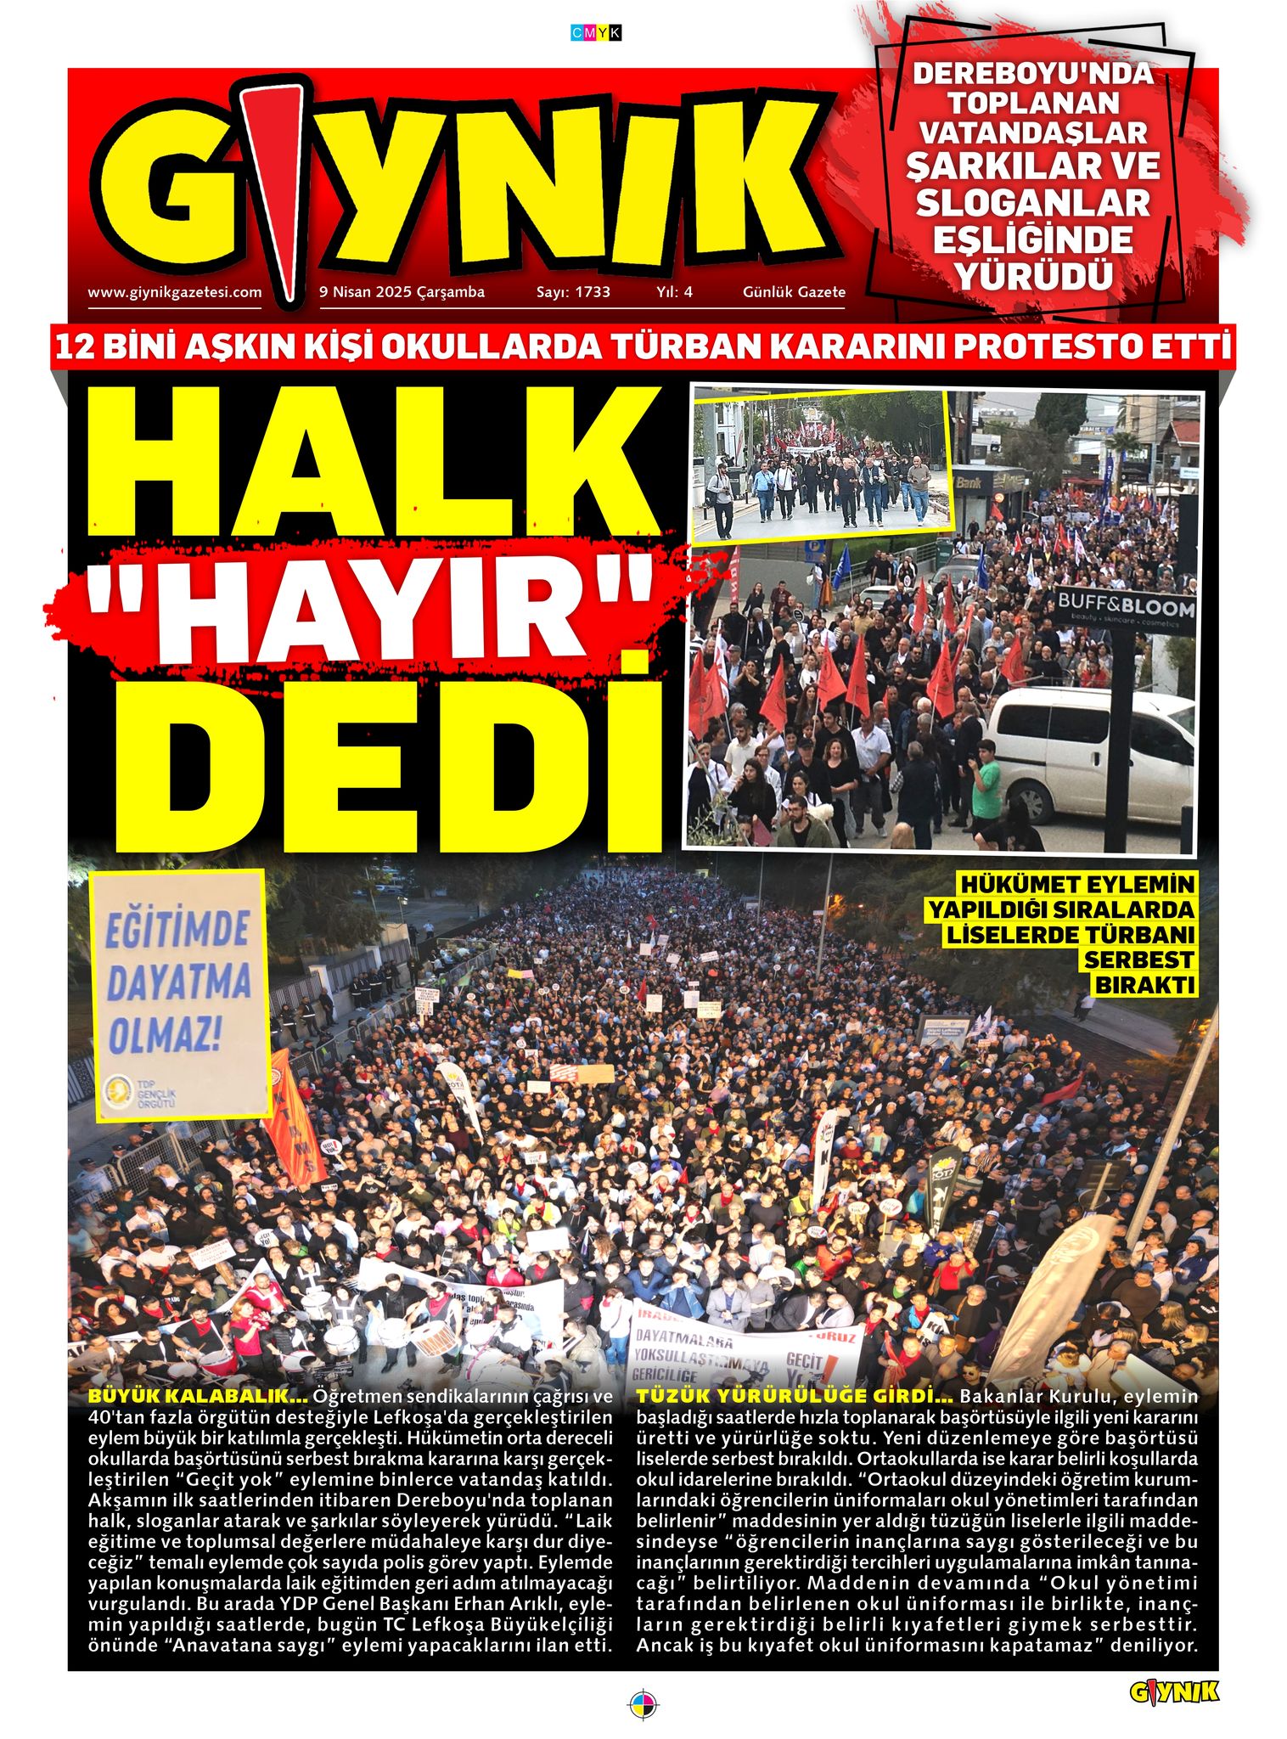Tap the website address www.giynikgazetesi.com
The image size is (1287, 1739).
pyautogui.click(x=175, y=292)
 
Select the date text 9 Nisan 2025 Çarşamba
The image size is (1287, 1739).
pyautogui.click(x=402, y=292)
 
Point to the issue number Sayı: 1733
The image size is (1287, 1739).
pyautogui.click(x=573, y=292)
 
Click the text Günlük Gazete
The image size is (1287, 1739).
pyautogui.click(x=794, y=292)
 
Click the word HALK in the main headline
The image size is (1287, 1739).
pyautogui.click(x=374, y=463)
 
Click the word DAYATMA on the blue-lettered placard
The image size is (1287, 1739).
pyautogui.click(x=179, y=983)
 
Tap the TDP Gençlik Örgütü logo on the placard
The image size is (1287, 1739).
pyautogui.click(x=119, y=1095)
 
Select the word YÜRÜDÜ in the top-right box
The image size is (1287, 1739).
pyautogui.click(x=1033, y=277)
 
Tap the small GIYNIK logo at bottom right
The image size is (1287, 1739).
pyautogui.click(x=1173, y=1691)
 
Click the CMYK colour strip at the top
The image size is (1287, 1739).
pyautogui.click(x=597, y=33)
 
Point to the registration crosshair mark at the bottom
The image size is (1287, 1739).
pyautogui.click(x=643, y=1703)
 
